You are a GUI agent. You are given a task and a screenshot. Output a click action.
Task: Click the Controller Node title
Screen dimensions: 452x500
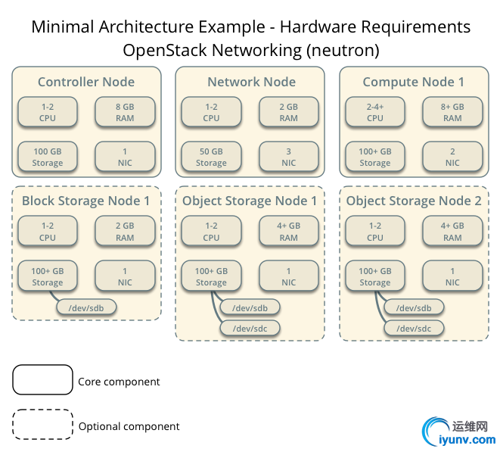click(86, 82)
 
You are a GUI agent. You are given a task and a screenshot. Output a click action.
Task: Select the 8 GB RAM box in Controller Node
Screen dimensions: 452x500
click(125, 112)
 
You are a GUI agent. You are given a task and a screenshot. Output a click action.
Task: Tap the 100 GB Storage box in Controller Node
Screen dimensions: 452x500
click(48, 157)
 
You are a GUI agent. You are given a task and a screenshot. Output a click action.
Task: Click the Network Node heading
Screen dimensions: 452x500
click(251, 82)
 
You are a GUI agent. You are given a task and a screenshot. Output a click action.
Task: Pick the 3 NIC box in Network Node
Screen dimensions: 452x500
click(288, 157)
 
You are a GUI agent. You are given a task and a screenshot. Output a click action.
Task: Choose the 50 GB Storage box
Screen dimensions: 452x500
click(211, 157)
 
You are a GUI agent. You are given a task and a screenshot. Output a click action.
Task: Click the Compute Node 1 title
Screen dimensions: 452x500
click(413, 82)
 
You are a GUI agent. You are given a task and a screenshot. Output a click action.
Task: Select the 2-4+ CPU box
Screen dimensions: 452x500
click(375, 112)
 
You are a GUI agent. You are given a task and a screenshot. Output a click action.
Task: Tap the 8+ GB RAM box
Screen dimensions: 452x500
click(452, 112)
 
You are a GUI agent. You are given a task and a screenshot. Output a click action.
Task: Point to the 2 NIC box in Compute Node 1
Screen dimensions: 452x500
click(452, 157)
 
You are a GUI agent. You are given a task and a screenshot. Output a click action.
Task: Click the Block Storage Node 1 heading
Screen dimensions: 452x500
click(85, 201)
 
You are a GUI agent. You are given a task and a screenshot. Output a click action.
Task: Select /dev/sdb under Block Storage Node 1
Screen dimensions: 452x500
click(86, 307)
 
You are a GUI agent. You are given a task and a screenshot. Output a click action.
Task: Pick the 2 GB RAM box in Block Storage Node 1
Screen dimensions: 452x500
click(125, 231)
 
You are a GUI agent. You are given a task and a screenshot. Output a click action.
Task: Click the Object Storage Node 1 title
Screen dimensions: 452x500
click(250, 201)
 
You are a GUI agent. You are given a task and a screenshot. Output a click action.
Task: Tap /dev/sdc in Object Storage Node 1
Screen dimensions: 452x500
click(250, 328)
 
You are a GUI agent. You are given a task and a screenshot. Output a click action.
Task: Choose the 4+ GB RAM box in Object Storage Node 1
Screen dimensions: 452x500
click(288, 231)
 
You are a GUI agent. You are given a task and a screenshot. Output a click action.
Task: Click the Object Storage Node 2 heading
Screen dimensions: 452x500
click(414, 201)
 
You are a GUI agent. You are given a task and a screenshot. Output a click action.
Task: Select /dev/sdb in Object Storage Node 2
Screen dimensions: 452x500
click(414, 307)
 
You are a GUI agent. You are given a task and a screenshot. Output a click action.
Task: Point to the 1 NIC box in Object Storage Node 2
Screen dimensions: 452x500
click(452, 276)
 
